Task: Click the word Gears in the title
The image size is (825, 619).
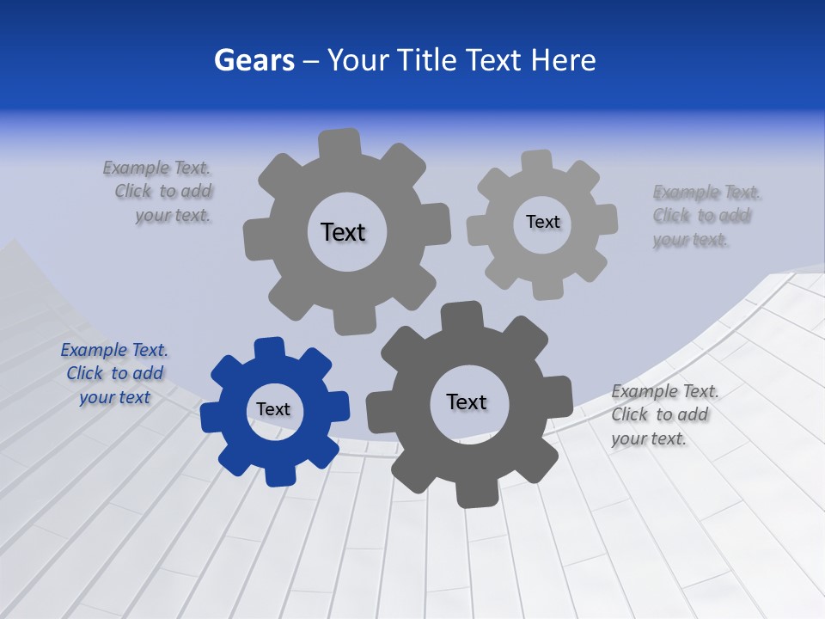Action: [x=254, y=60]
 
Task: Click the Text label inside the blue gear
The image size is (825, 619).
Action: [x=273, y=409]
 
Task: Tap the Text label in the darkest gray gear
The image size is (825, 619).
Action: [x=467, y=401]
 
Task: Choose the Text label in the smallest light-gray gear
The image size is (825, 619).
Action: [x=543, y=222]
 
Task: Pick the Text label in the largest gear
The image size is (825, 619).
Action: [x=344, y=232]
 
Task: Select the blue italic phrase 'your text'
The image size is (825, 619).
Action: [x=115, y=397]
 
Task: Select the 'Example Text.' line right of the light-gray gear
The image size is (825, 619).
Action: [x=706, y=192]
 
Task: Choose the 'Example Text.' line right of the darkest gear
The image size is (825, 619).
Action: [x=665, y=391]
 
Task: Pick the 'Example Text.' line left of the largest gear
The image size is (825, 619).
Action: [x=156, y=168]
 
